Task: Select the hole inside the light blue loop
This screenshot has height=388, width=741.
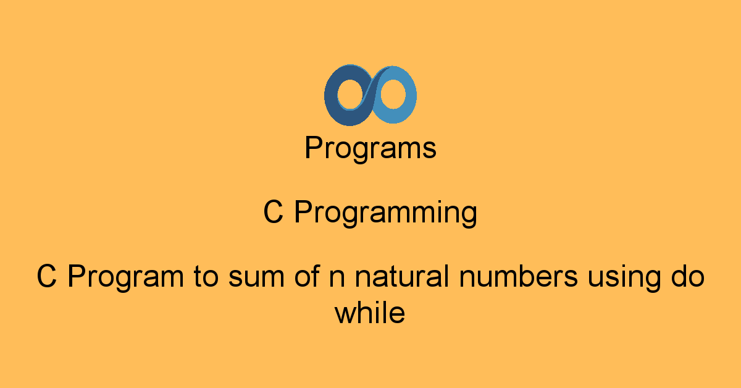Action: (x=392, y=95)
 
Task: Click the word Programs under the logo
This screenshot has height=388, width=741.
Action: (x=371, y=149)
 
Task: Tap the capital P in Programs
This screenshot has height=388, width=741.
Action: (x=313, y=148)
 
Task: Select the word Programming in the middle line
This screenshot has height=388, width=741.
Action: (x=385, y=214)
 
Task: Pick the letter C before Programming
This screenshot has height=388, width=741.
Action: (x=273, y=213)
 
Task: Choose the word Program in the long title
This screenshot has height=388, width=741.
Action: (x=122, y=277)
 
